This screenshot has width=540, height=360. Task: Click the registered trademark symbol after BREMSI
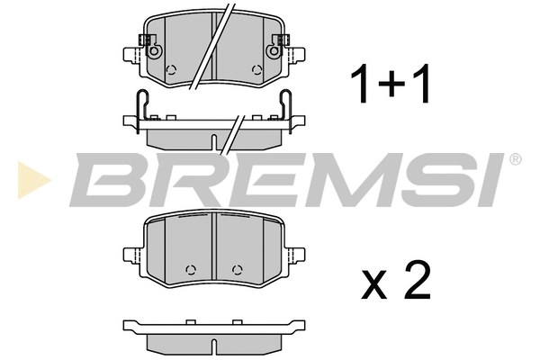click(515, 160)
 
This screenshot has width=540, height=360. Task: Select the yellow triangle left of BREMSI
click(29, 176)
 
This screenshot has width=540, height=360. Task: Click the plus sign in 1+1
click(390, 85)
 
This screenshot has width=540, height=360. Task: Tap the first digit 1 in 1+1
click(360, 85)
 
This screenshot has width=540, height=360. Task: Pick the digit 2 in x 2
click(416, 281)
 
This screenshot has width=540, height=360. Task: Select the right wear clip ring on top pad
click(279, 52)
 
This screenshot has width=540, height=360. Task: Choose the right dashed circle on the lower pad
click(237, 267)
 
